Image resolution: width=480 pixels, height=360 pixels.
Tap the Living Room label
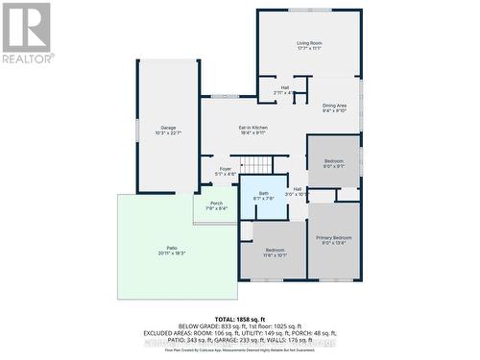[308, 43]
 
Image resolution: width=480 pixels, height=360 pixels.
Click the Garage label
[168, 127]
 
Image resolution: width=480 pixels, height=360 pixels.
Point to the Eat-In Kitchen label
[252, 128]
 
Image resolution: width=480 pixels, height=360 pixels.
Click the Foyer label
[225, 169]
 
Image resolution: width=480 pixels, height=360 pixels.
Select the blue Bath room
[263, 196]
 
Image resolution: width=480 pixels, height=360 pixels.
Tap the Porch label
[216, 203]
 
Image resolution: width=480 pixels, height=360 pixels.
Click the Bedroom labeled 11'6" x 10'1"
[273, 251]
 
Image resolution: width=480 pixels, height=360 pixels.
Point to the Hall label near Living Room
[285, 87]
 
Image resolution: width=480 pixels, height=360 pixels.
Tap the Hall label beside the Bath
[298, 189]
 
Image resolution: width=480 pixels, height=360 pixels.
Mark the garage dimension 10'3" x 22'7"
[168, 132]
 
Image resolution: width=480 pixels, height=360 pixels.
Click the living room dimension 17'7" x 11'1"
[308, 49]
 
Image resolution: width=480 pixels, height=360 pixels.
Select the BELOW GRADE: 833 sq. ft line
[240, 324]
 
